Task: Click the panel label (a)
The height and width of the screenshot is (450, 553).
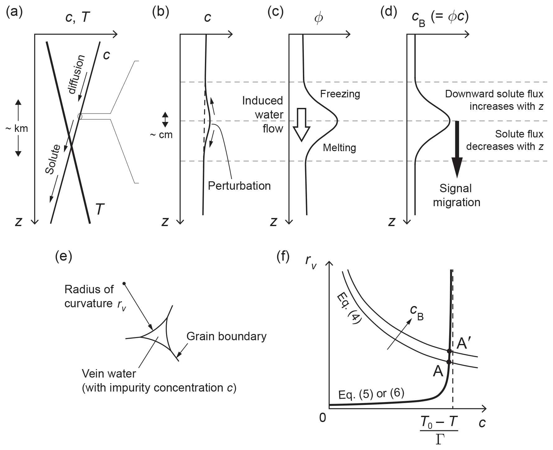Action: pos(14,13)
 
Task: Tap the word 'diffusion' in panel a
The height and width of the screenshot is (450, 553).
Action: pos(76,74)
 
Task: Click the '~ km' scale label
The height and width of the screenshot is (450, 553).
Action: pos(17,128)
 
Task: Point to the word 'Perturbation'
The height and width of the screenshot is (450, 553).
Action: pos(239,186)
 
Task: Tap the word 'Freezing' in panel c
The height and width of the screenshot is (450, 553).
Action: pos(340,94)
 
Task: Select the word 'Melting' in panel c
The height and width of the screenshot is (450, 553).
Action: pos(339,147)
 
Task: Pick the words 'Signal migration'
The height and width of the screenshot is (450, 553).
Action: pos(457,195)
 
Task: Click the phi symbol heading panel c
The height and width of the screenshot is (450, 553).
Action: pos(318,18)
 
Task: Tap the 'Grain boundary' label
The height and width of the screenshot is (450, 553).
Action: pos(226,336)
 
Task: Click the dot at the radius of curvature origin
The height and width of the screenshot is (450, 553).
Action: pos(124,283)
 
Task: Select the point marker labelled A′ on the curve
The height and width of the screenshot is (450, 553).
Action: pos(449,351)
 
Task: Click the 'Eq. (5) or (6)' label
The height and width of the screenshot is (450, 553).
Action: pos(371,394)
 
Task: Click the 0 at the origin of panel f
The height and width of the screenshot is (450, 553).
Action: pos(323,418)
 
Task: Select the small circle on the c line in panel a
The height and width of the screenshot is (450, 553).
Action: pos(80,116)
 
